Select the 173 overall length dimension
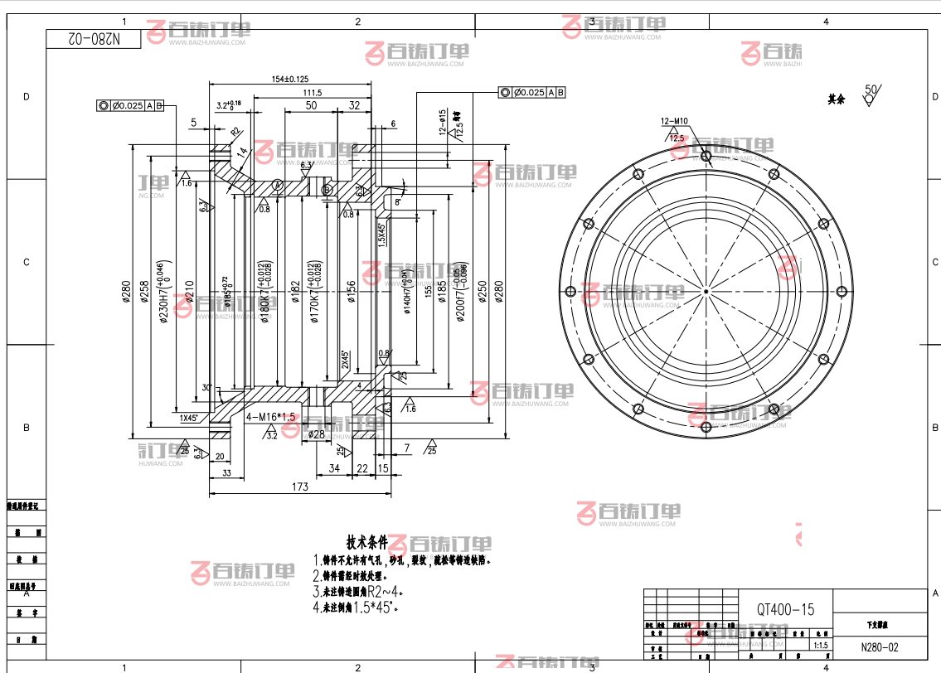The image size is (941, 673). coord(299,487)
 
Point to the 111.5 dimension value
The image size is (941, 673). coord(312,92)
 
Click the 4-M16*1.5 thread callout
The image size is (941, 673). coord(271,417)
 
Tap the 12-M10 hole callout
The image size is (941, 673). coord(674,121)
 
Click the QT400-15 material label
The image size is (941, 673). coord(785,609)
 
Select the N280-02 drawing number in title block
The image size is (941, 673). coord(879,647)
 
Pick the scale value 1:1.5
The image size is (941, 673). coord(822,645)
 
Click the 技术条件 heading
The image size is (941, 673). coord(367,543)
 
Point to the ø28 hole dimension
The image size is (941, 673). coord(316,433)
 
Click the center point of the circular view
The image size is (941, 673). coord(706,291)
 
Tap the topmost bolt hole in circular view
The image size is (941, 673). coord(706,155)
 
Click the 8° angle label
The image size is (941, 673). coord(398,201)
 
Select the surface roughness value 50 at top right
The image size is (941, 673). coord(871,89)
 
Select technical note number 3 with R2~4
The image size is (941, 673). coord(361,592)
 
